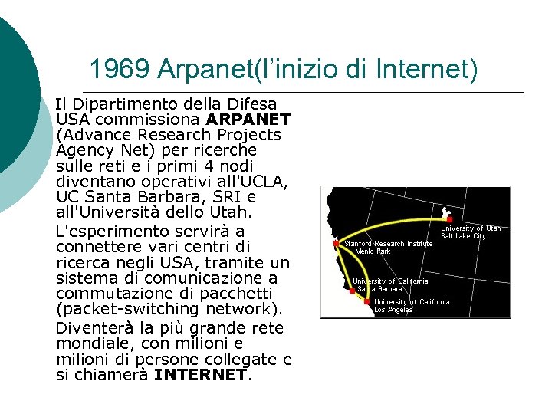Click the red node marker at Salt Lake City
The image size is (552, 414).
pyautogui.click(x=449, y=219)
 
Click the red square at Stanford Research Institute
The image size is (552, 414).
pyautogui.click(x=336, y=244)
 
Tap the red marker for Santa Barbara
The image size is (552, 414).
pyautogui.click(x=353, y=291)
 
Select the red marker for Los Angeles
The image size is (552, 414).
pyautogui.click(x=367, y=302)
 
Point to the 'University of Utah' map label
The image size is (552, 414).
pyautogui.click(x=471, y=228)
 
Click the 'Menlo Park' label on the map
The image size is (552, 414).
pyautogui.click(x=373, y=251)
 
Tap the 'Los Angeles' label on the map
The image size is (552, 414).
pyautogui.click(x=393, y=310)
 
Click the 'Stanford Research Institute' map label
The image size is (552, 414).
pyautogui.click(x=389, y=244)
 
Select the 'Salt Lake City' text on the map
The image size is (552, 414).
pyautogui.click(x=463, y=236)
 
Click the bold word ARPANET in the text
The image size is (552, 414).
pyautogui.click(x=248, y=120)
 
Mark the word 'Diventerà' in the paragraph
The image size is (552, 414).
pyautogui.click(x=92, y=328)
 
